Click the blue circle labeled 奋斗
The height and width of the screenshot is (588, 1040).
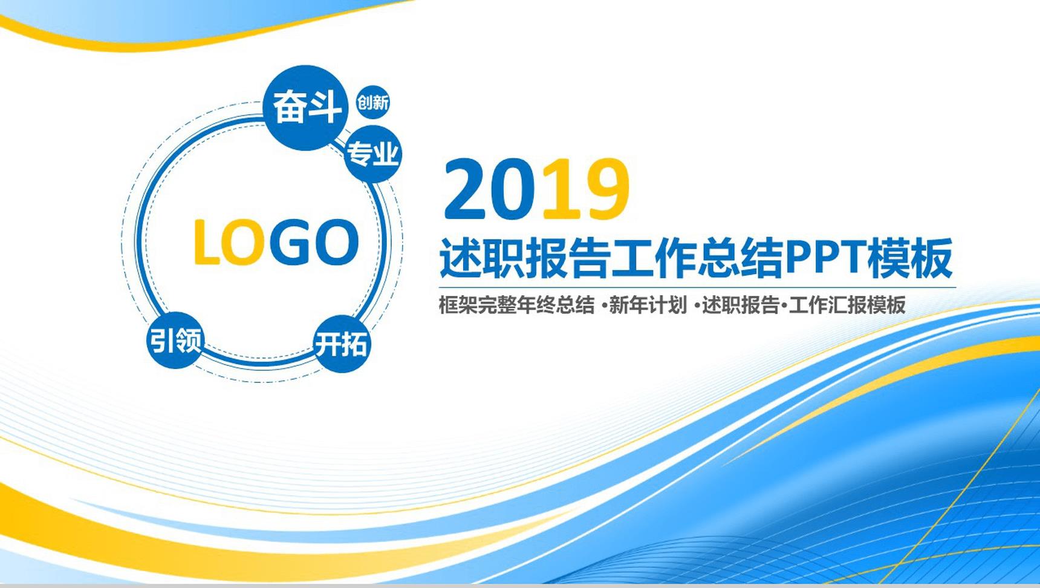click(307, 107)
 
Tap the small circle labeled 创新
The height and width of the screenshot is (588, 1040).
click(372, 102)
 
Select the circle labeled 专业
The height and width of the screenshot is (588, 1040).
click(373, 154)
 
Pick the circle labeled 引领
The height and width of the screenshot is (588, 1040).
click(175, 340)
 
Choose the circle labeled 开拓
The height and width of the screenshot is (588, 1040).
click(342, 344)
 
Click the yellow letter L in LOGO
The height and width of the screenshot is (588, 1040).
click(207, 242)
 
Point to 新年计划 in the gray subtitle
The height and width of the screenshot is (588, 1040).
click(648, 305)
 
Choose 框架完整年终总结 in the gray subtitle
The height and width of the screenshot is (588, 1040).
click(517, 305)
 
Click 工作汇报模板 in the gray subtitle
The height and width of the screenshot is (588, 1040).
click(847, 305)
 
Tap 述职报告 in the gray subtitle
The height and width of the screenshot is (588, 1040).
click(740, 305)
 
